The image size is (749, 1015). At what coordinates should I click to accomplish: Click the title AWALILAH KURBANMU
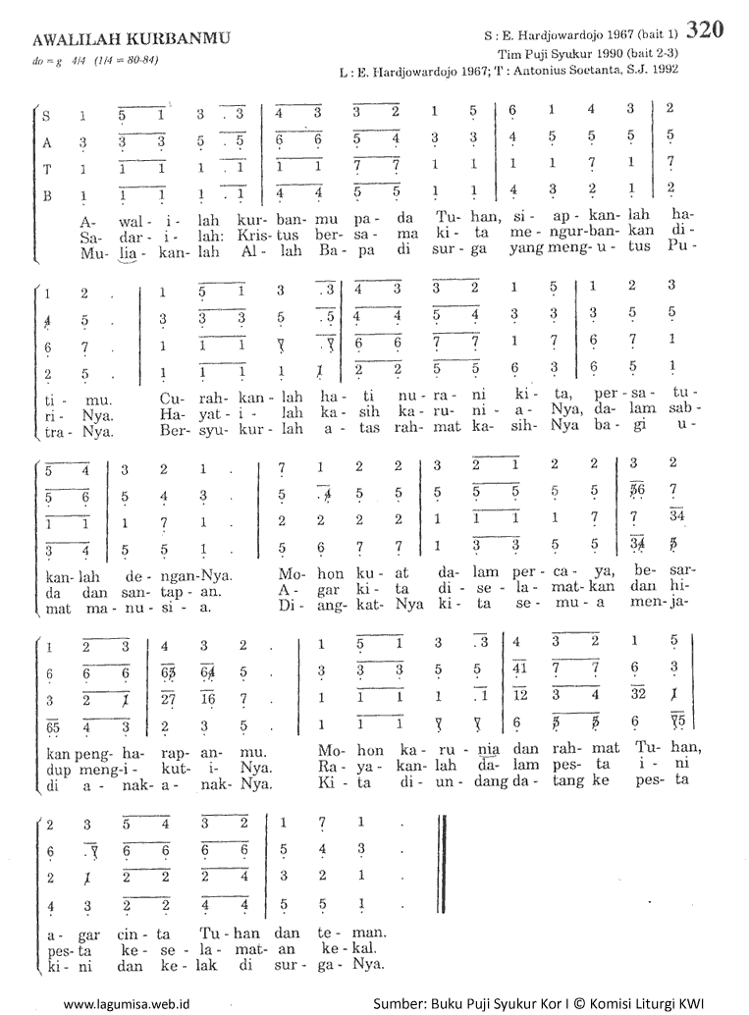[131, 38]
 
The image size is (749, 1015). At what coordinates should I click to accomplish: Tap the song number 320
[706, 30]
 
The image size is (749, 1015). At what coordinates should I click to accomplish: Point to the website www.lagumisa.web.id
[126, 1004]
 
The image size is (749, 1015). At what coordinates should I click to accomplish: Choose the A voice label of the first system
[46, 141]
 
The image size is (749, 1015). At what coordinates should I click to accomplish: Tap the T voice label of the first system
[46, 168]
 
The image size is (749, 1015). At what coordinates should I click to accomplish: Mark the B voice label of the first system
[46, 195]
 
